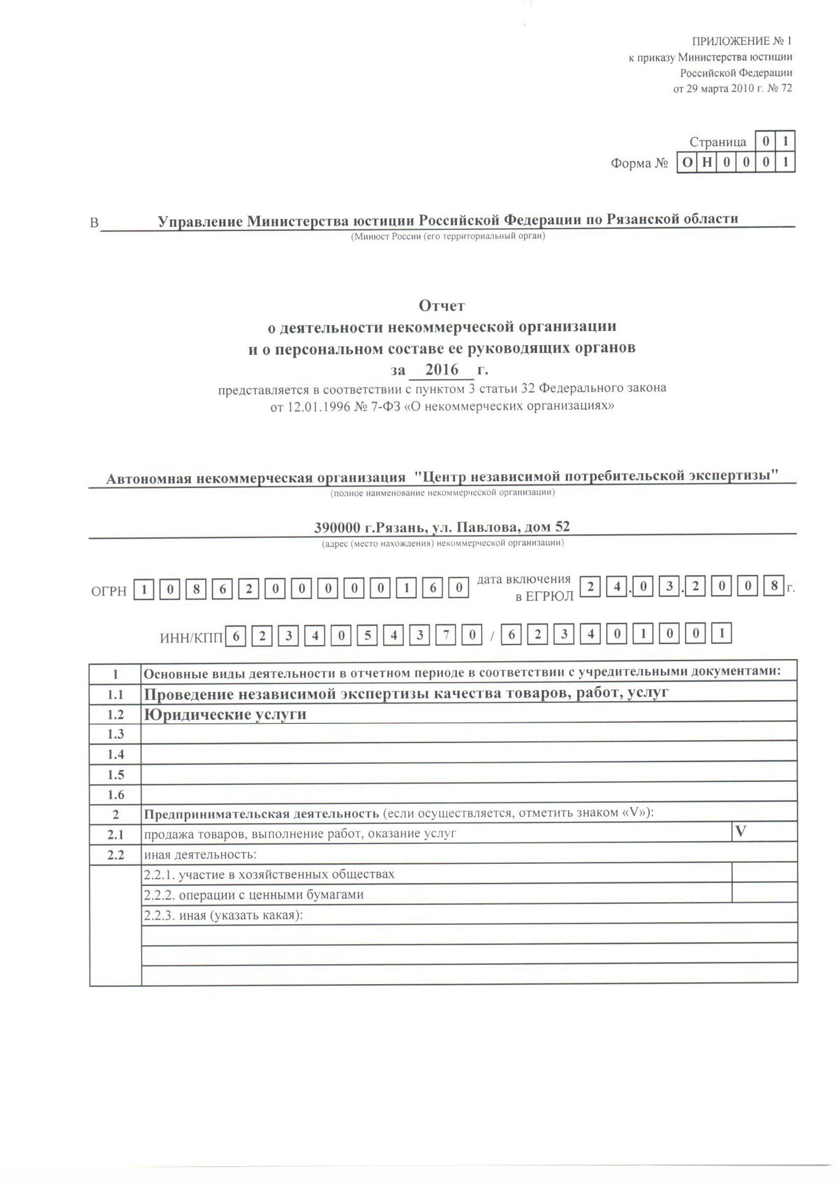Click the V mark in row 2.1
741,831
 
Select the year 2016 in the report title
442,370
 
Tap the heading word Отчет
442,305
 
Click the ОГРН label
109,591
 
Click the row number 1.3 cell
116,734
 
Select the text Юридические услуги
225,714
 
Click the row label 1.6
116,795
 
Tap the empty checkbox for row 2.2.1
764,873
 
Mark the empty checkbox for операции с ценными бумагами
764,893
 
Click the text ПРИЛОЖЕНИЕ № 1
741,41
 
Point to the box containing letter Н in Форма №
707,163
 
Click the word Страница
718,142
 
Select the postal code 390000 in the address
337,527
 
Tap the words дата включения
524,579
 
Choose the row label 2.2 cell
116,855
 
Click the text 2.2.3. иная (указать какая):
223,915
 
